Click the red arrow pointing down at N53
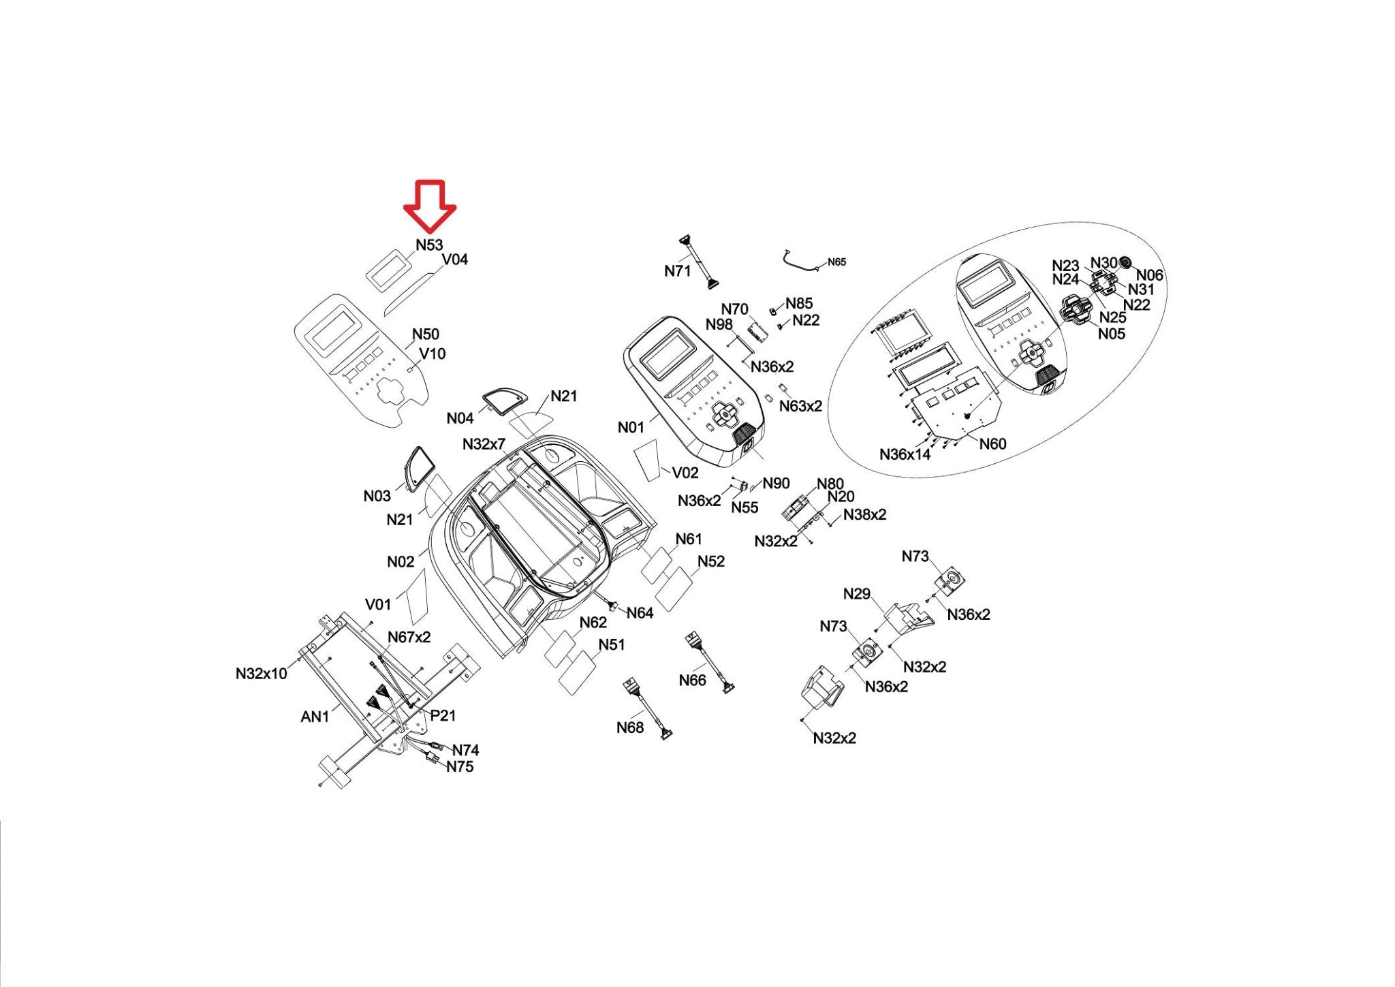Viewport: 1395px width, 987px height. pos(429,204)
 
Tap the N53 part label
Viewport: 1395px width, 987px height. pos(429,245)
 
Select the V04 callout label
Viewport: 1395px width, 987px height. pos(455,260)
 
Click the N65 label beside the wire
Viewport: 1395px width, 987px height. pos(836,262)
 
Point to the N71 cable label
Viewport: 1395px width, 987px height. pos(677,271)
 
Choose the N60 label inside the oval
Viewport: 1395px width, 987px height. pos(992,444)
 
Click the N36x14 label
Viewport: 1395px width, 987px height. pos(905,454)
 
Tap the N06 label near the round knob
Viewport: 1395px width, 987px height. pos(1150,275)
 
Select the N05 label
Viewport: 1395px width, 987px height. pos(1112,334)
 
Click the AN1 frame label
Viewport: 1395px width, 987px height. pos(315,717)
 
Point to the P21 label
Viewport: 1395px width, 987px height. pos(443,715)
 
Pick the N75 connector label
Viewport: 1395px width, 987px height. pos(460,766)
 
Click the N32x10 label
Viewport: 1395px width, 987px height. pos(262,674)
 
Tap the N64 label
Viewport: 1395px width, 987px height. pos(640,613)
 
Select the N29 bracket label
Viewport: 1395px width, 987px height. pos(856,594)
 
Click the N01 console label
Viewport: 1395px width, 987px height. pos(631,427)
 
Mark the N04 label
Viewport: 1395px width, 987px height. pos(460,418)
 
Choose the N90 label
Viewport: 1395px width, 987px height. pos(776,483)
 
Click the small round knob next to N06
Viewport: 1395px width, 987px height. pos(1125,262)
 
